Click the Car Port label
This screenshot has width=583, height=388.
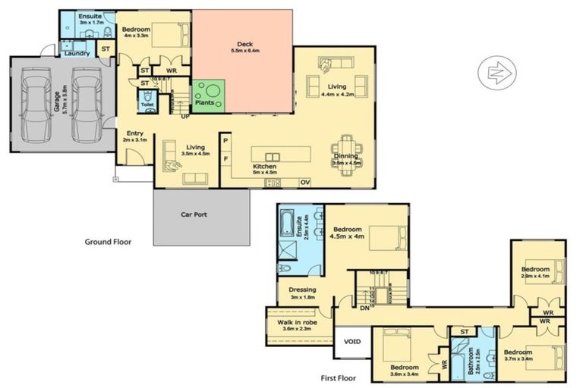[x=194, y=214]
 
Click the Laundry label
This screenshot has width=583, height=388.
[x=76, y=53]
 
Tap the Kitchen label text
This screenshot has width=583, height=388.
[x=264, y=167]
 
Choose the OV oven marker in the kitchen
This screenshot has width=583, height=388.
[x=305, y=183]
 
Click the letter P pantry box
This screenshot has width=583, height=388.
[x=225, y=141]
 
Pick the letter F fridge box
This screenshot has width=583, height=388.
[x=225, y=158]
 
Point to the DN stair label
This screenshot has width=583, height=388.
[x=364, y=308]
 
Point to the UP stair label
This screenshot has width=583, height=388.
[x=184, y=116]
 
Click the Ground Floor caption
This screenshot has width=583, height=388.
[x=109, y=242]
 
